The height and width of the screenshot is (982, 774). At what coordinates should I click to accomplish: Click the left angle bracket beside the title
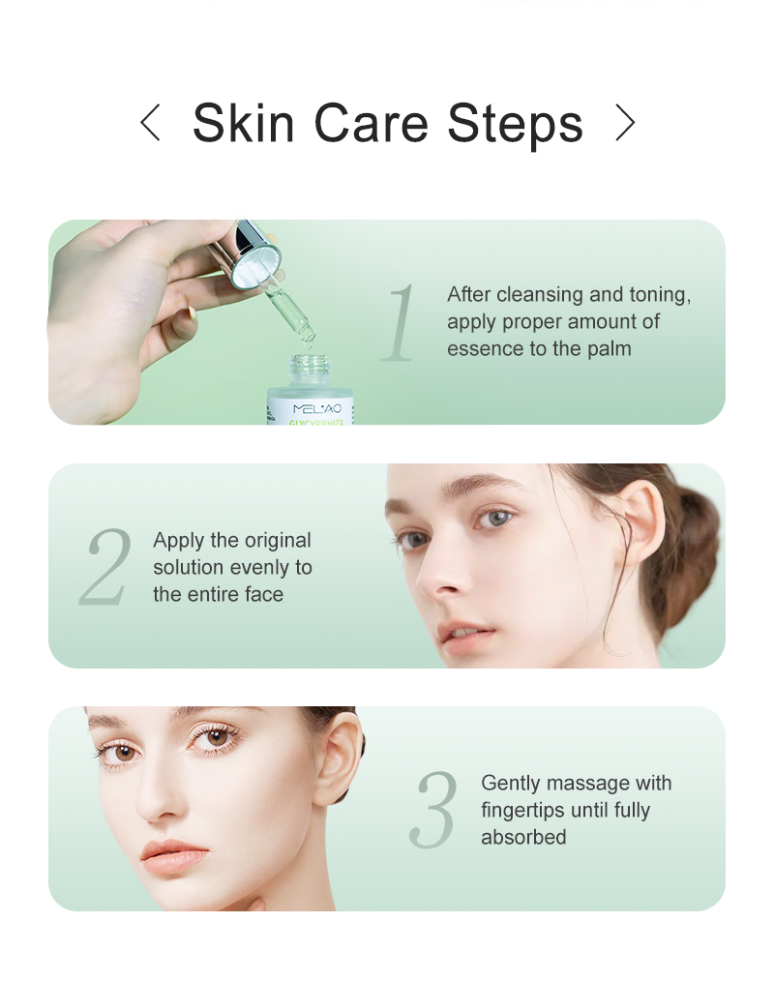[149, 123]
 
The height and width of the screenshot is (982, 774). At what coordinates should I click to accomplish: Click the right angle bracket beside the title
[625, 123]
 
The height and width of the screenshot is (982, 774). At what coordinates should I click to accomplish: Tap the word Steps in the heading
[515, 123]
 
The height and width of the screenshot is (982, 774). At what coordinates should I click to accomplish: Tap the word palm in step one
[609, 348]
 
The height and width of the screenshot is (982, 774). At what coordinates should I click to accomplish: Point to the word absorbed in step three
[523, 837]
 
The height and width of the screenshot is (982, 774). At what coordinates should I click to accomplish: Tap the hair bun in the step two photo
[695, 542]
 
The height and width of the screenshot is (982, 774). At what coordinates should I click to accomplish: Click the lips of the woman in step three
[176, 853]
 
